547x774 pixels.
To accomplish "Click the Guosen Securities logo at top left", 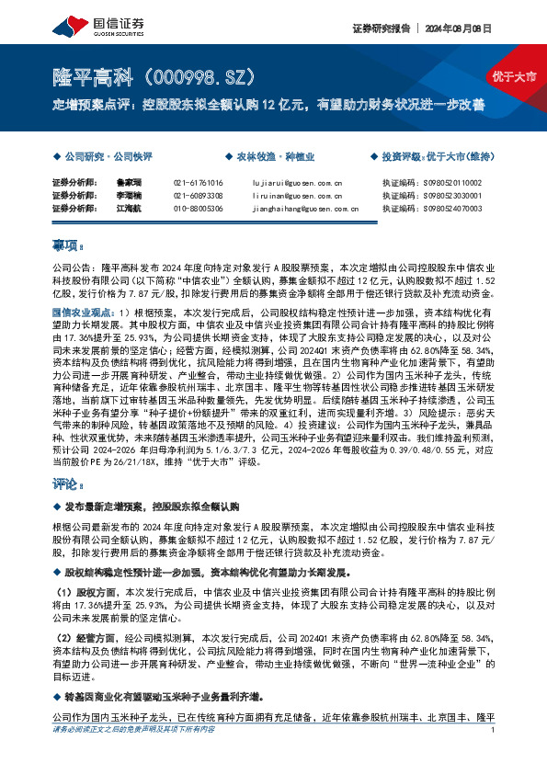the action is click(x=87, y=24).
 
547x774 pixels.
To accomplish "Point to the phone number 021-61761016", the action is click(x=198, y=183).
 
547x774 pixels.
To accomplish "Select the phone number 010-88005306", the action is click(x=198, y=209).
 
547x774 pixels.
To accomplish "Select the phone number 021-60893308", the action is click(x=198, y=196).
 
